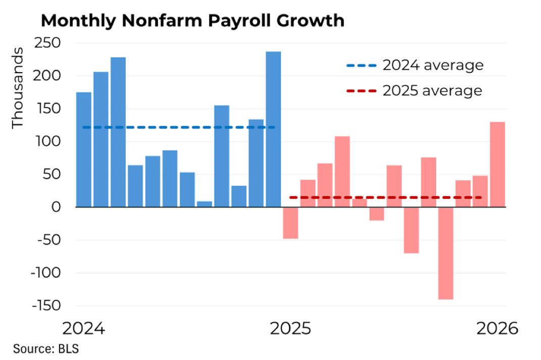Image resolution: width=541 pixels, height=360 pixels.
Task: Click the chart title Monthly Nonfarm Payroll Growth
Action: [x=192, y=21]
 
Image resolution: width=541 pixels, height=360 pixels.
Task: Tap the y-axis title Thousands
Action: [x=18, y=87]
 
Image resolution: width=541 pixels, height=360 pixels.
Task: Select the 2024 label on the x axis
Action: [x=83, y=329]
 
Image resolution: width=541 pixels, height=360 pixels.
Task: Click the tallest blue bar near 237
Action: [x=273, y=129]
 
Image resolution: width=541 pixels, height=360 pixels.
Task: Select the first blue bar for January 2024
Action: [x=83, y=149]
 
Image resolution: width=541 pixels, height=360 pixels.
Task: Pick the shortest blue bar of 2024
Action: [x=204, y=204]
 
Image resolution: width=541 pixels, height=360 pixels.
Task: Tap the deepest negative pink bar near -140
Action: [x=446, y=253]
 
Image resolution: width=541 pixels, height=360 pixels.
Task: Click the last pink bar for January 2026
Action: [x=498, y=164]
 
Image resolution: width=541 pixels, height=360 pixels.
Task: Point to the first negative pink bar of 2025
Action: [x=290, y=223]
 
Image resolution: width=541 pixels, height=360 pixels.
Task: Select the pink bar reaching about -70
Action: [x=411, y=230]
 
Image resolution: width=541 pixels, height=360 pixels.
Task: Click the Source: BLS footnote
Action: [x=46, y=349]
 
